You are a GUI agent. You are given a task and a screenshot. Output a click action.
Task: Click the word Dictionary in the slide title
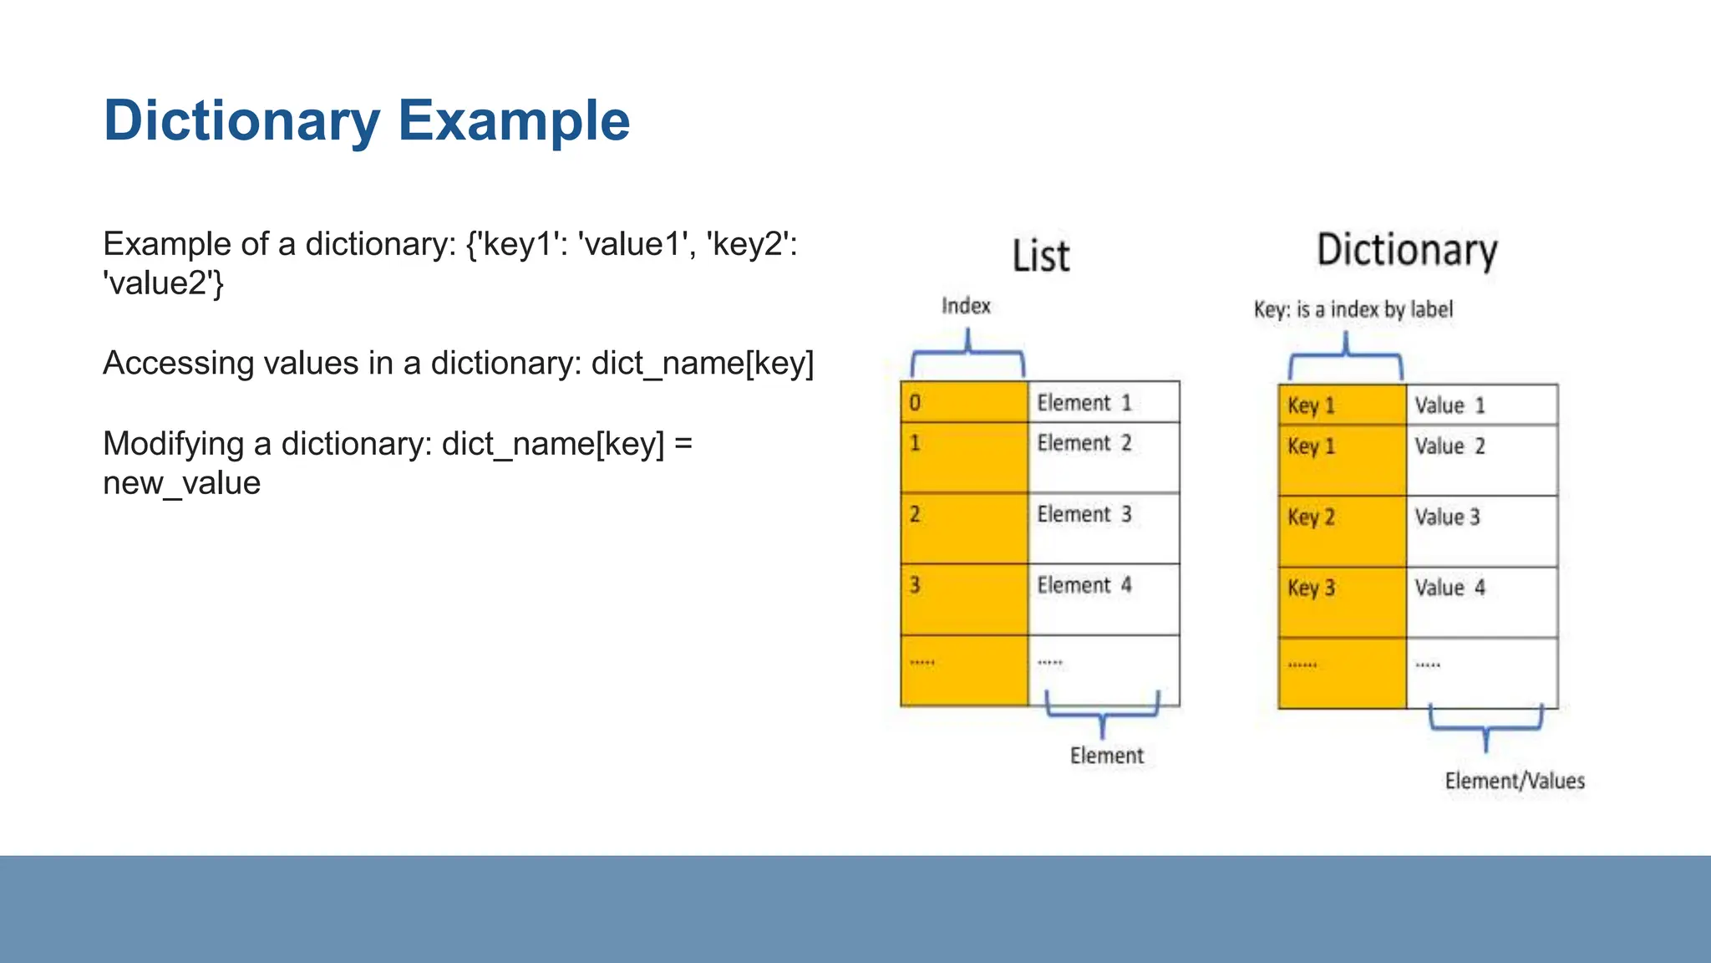[242, 121]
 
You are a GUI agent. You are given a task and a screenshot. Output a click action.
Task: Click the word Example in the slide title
[513, 121]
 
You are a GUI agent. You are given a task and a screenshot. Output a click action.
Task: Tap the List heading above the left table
[1040, 256]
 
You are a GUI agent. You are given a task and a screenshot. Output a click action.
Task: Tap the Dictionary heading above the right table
[1407, 250]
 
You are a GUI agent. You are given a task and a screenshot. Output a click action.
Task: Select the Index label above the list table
[966, 306]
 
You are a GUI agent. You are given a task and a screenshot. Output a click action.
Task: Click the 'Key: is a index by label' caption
[1353, 310]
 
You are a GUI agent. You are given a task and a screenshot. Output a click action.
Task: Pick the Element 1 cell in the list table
[1103, 403]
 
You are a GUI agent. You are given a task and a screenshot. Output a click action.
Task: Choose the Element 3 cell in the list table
[1103, 527]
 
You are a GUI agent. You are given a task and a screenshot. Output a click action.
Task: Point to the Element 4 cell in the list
[1103, 598]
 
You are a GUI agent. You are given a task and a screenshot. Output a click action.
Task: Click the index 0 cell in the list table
[964, 403]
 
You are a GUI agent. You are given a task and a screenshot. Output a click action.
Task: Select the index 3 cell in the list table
[964, 598]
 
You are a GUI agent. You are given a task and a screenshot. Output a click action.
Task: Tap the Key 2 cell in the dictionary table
[1342, 530]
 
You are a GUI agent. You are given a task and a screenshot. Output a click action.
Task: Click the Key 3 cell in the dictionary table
[1342, 601]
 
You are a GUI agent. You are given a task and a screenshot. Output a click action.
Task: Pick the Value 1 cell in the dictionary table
[1481, 405]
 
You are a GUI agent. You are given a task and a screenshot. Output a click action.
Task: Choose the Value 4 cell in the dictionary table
[1481, 601]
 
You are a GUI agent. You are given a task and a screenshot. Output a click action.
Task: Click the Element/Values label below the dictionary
[1515, 781]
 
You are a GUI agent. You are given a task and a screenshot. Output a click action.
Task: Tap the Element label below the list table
[1106, 756]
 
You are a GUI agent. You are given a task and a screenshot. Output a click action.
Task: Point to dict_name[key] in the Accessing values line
[702, 364]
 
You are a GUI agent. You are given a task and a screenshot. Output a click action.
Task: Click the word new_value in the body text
[181, 483]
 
